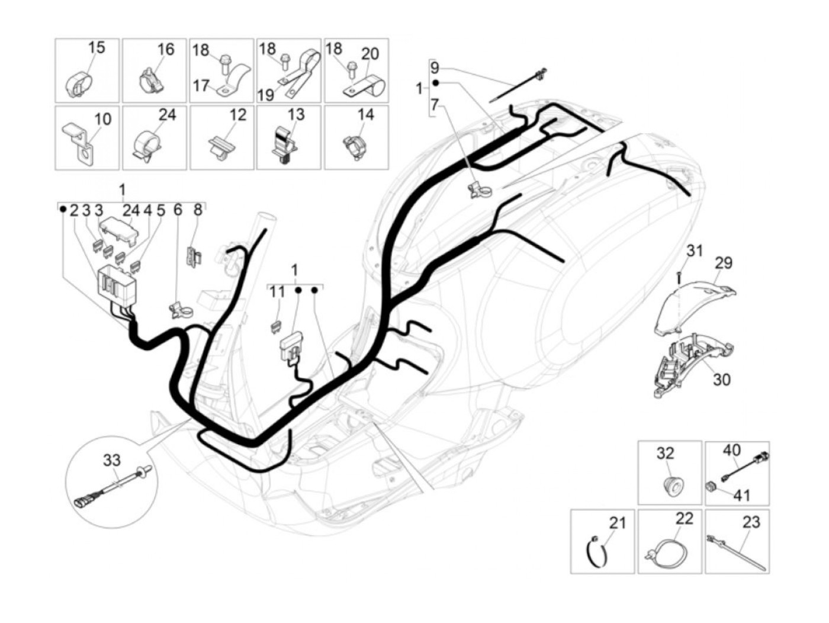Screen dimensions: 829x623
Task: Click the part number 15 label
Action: (96, 47)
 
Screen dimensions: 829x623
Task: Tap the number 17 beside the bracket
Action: (201, 86)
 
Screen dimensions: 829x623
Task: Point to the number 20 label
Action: (369, 54)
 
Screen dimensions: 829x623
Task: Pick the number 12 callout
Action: (237, 114)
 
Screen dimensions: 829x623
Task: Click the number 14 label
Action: (366, 114)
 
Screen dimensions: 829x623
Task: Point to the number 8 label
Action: (198, 210)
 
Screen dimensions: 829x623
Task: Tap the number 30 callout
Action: (721, 378)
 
